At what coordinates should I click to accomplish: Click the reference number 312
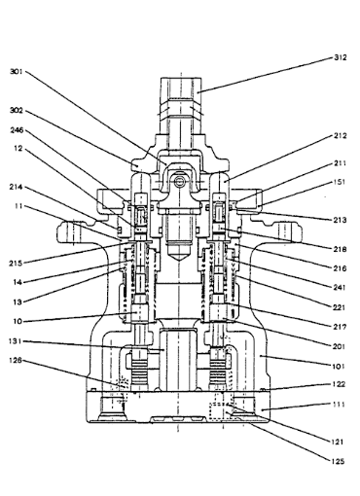pos(341,57)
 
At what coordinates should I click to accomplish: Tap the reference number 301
pos(16,71)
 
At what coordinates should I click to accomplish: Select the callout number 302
pos(17,111)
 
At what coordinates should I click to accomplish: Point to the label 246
pos(17,130)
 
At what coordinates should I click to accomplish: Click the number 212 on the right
pos(341,135)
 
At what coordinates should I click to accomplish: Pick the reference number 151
pos(340,182)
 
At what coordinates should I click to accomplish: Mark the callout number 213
pos(341,220)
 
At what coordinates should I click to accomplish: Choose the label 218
pos(341,249)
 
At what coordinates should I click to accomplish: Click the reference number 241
pos(340,287)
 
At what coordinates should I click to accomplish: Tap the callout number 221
pos(340,307)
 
